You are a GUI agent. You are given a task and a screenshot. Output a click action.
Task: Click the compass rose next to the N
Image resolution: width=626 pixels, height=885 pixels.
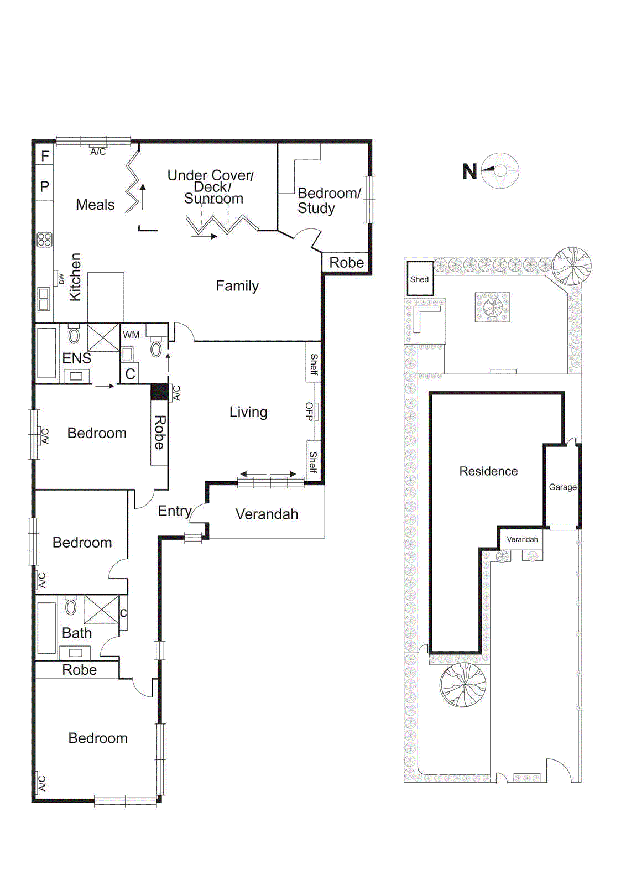(500, 171)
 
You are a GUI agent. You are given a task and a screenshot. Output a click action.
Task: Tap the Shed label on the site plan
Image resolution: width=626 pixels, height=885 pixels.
(419, 279)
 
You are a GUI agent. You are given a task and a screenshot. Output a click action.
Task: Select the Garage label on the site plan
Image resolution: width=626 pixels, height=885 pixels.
(562, 487)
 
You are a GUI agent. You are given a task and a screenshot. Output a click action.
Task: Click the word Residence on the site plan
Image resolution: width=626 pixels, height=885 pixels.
(488, 471)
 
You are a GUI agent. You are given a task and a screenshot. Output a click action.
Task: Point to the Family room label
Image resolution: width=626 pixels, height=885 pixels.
(237, 286)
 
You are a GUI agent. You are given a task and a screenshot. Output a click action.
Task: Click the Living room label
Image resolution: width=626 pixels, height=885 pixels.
(248, 412)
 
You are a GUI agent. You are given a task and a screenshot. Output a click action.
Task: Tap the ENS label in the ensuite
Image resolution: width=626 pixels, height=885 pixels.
(76, 358)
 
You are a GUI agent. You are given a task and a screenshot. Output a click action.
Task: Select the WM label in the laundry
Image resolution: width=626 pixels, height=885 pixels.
(131, 335)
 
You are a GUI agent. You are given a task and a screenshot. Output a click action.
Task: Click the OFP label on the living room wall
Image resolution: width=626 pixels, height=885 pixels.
(309, 412)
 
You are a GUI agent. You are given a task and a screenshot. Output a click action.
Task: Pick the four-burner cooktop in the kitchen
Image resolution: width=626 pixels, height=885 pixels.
(45, 240)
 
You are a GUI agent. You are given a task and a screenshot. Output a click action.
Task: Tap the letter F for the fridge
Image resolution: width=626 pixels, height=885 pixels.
(45, 157)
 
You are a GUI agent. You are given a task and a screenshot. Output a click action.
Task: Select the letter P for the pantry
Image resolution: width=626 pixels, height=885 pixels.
(45, 187)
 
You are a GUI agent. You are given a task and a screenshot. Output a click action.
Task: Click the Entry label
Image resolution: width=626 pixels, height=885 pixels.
(174, 511)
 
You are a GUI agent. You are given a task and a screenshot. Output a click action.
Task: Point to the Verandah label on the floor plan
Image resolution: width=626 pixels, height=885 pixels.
(267, 514)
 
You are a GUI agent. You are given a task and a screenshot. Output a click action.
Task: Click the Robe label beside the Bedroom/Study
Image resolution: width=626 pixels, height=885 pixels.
(346, 263)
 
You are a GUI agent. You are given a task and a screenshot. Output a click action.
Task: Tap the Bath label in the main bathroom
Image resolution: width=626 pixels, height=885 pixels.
(77, 633)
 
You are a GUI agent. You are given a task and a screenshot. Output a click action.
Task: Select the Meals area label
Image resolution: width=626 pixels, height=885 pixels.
(95, 205)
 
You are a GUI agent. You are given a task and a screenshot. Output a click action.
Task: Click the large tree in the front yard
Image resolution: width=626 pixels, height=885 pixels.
(463, 685)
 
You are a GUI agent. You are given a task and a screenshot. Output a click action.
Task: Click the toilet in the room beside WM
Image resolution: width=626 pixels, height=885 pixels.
(156, 347)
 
